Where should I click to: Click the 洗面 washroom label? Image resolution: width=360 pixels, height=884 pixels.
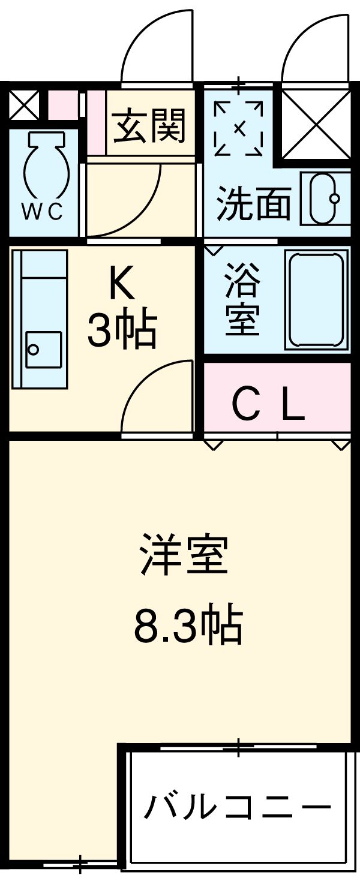coord(253,203)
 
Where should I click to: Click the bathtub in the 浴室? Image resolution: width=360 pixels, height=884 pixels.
coord(317,299)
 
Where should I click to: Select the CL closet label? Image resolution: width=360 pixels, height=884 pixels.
coord(269,407)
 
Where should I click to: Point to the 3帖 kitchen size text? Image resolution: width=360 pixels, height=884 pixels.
coord(122,329)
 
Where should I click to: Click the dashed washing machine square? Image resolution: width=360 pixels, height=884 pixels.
coord(238,128)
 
